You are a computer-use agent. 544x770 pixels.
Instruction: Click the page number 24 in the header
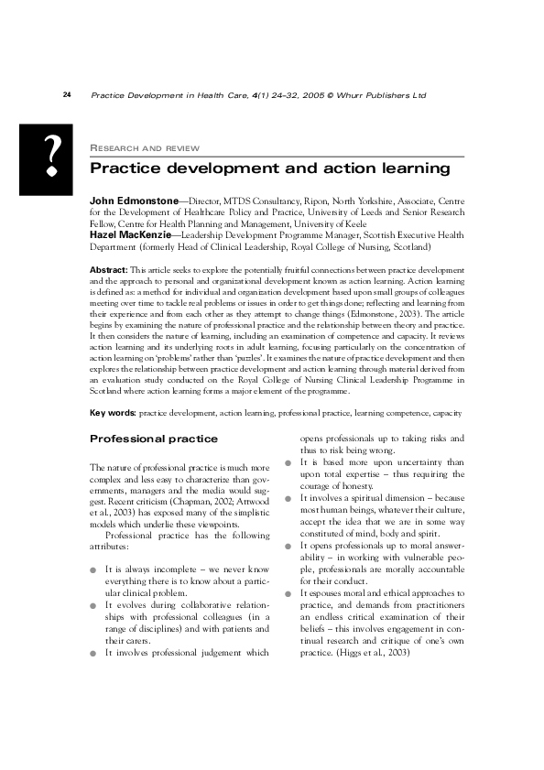(x=67, y=95)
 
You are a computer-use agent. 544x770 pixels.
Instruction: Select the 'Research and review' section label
(x=146, y=147)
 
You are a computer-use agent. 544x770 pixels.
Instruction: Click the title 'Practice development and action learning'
(x=269, y=168)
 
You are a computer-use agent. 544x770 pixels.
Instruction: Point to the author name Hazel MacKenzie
(x=130, y=234)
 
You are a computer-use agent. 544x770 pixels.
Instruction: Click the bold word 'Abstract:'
(x=108, y=270)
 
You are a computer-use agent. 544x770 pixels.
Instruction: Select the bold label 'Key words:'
(x=113, y=413)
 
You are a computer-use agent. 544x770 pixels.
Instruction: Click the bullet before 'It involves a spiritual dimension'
(x=288, y=499)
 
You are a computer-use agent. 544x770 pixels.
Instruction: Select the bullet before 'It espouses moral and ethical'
(x=288, y=593)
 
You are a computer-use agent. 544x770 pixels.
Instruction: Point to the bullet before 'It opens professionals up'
(x=288, y=546)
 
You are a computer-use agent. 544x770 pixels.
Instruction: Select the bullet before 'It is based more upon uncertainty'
(x=288, y=463)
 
